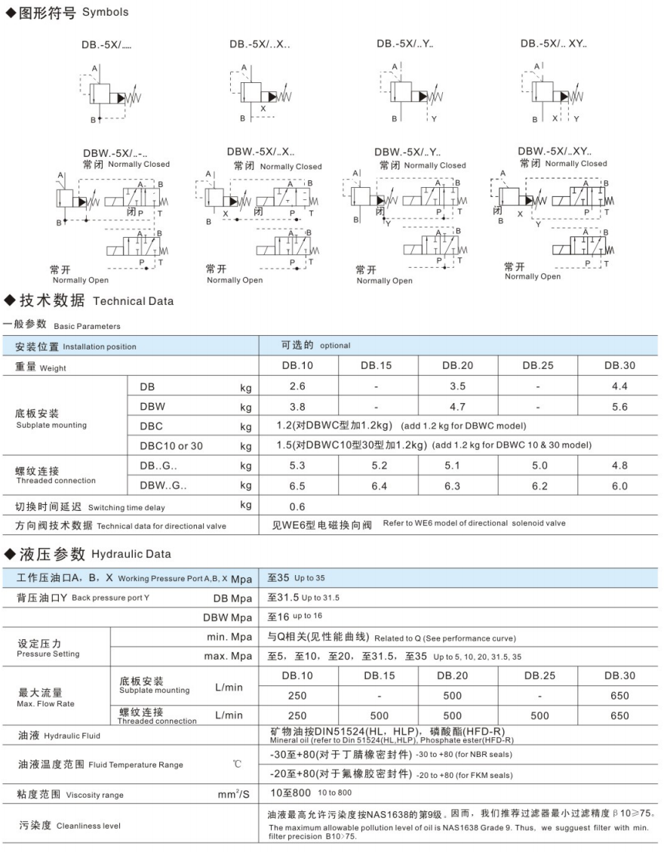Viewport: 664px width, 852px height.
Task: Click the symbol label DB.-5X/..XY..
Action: (553, 44)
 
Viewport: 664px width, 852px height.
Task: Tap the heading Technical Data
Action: (133, 301)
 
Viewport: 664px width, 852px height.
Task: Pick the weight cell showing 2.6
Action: (297, 386)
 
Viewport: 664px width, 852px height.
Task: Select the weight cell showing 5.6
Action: (619, 406)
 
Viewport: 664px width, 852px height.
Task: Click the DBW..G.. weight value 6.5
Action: (297, 487)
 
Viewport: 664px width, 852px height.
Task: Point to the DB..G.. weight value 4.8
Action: (619, 466)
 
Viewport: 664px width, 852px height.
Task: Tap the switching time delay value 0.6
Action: (297, 507)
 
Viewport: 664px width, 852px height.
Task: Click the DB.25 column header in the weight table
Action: (539, 366)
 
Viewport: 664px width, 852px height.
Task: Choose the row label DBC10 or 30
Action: (171, 446)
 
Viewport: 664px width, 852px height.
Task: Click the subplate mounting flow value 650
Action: (619, 696)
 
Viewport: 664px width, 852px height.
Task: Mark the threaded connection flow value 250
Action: (297, 715)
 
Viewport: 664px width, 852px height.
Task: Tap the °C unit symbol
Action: (237, 764)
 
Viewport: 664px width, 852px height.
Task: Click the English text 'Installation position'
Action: (100, 347)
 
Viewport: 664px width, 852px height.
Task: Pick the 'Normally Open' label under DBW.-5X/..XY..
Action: (533, 277)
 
